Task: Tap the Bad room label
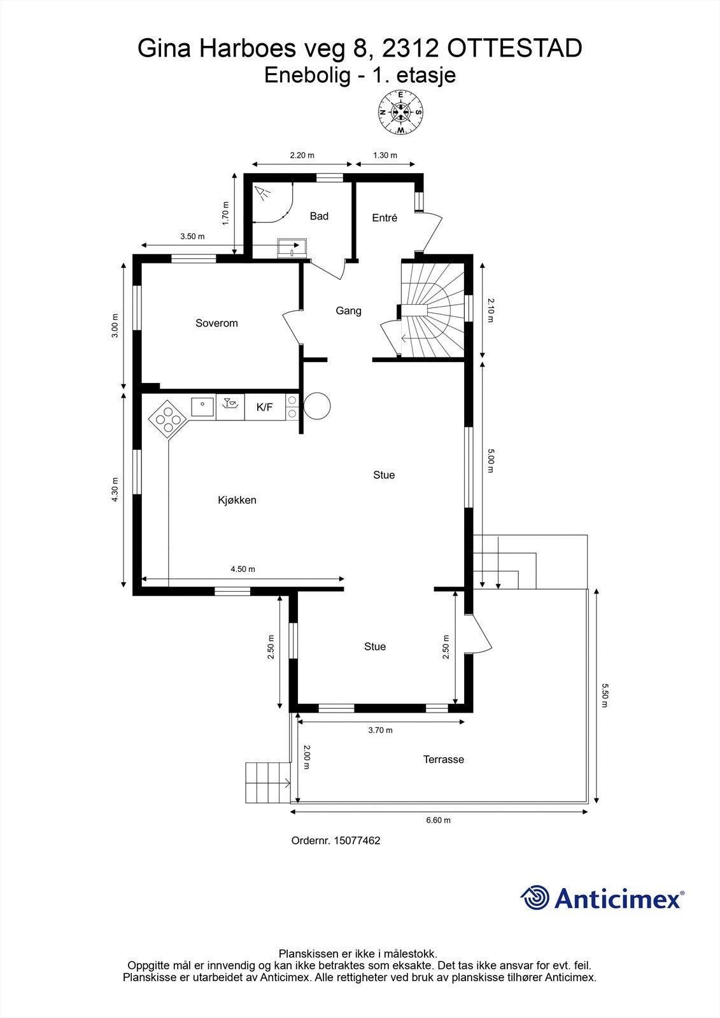[319, 216]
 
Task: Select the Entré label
[385, 218]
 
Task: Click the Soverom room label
[216, 323]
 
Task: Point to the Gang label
[348, 310]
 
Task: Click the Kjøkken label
[237, 500]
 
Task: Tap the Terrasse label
[444, 759]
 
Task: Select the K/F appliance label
[264, 407]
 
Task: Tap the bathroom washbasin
[292, 248]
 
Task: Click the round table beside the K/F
[317, 406]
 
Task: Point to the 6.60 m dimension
[438, 820]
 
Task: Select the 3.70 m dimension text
[380, 730]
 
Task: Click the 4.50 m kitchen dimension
[243, 569]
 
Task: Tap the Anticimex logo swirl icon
[535, 898]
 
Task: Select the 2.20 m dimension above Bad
[302, 155]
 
